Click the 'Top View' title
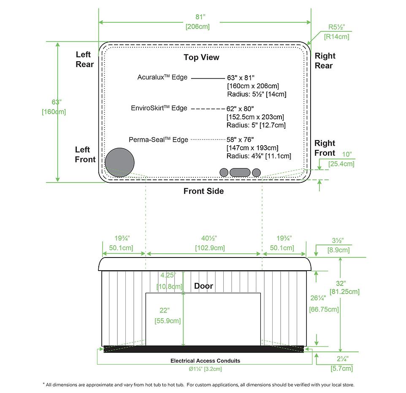click(201, 57)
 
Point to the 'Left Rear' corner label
click(84, 60)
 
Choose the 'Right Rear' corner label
click(325, 61)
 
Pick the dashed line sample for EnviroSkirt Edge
click(208, 108)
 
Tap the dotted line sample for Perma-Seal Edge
click(208, 139)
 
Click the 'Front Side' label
click(203, 191)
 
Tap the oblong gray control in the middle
click(240, 172)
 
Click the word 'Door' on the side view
click(203, 286)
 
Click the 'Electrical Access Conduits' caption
click(205, 361)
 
